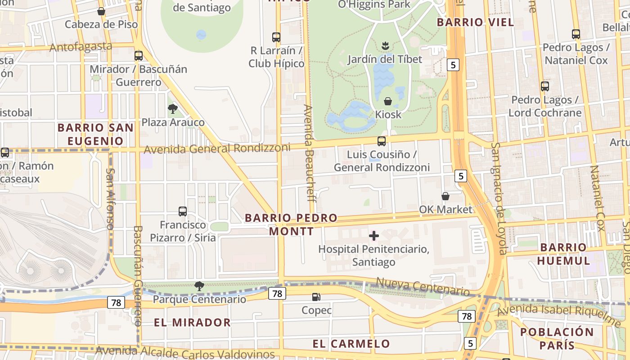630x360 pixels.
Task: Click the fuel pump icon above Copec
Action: click(316, 297)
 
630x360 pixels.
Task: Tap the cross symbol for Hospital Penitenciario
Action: click(373, 235)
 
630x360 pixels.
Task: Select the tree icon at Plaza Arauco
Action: click(172, 108)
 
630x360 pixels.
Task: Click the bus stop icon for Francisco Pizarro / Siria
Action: click(182, 211)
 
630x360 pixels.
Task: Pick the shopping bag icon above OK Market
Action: click(445, 196)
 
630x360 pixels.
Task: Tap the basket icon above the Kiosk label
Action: click(387, 101)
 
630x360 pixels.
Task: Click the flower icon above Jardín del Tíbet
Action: click(385, 45)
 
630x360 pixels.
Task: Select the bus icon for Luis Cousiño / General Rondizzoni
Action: click(381, 141)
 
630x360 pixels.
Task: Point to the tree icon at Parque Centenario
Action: click(199, 286)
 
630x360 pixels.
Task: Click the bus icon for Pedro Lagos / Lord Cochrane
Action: click(544, 86)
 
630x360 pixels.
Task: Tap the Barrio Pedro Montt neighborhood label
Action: click(291, 225)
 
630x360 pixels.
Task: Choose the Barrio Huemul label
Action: click(563, 254)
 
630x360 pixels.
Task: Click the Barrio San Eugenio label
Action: click(95, 134)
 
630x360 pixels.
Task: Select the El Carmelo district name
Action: click(351, 344)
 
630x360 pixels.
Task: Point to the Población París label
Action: click(557, 338)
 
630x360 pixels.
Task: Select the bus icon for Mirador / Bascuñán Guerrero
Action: click(139, 56)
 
